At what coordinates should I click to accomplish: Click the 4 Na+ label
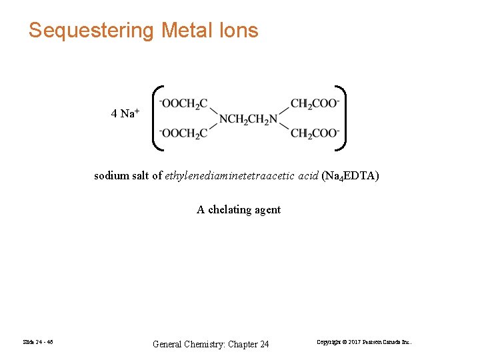(125, 113)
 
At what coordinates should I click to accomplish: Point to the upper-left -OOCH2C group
(183, 104)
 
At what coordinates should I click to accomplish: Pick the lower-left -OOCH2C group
(183, 133)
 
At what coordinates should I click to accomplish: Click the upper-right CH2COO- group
(315, 104)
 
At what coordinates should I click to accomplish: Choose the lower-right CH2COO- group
(315, 133)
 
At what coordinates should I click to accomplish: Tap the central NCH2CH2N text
(249, 120)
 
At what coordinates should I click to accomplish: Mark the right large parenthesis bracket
(341, 118)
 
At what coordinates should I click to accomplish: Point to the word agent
(267, 209)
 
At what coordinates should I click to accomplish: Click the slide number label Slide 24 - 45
(37, 343)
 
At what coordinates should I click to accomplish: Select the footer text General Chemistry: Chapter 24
(211, 344)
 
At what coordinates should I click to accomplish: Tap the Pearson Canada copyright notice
(364, 343)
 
